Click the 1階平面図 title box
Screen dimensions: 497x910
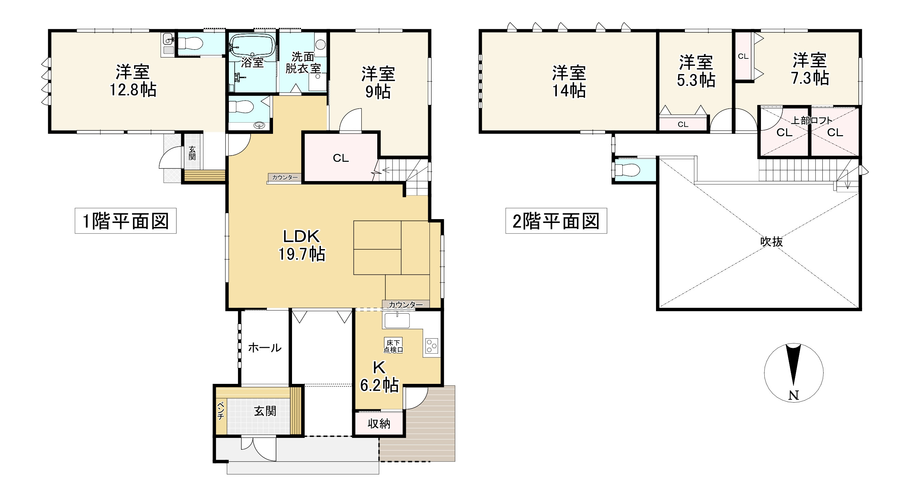[x=125, y=221]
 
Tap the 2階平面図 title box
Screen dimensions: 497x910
[x=556, y=221]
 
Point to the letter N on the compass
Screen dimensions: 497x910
[x=794, y=395]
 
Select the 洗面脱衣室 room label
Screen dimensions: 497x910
[x=303, y=63]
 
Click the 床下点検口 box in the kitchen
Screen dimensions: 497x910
[x=393, y=346]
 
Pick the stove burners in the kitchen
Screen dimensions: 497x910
[x=432, y=346]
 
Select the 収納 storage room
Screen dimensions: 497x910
[x=379, y=424]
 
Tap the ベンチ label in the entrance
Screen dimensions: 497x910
[x=221, y=411]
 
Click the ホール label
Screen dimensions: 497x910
[x=265, y=348]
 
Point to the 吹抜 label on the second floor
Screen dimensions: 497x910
[x=771, y=242]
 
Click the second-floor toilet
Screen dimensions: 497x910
[x=627, y=170]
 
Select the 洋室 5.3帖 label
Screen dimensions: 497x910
[x=695, y=71]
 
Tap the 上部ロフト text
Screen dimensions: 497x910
[x=812, y=121]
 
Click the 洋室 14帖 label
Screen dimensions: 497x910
[x=569, y=82]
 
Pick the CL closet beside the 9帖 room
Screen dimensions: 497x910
[x=341, y=158]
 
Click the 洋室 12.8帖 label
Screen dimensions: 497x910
[x=133, y=81]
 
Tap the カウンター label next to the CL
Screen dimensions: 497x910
[x=285, y=177]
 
